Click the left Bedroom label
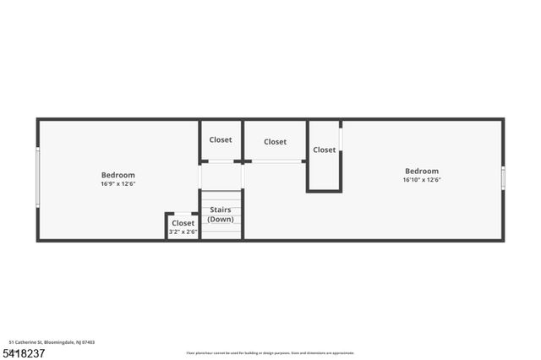coord(117,175)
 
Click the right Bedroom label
coord(422,171)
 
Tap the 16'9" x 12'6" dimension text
coord(117,183)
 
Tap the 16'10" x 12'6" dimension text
coord(422,179)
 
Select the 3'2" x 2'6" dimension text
coord(183,232)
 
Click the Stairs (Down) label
coord(221,214)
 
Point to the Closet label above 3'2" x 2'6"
coord(183,223)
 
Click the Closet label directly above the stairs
coord(221,139)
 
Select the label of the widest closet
coord(275,142)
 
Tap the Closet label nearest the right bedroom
coord(324,150)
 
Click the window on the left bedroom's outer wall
coord(37,177)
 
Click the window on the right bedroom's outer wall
coord(503,177)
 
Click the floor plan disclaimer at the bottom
coord(270,353)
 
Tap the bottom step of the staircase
coord(221,235)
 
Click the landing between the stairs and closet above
coord(221,176)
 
